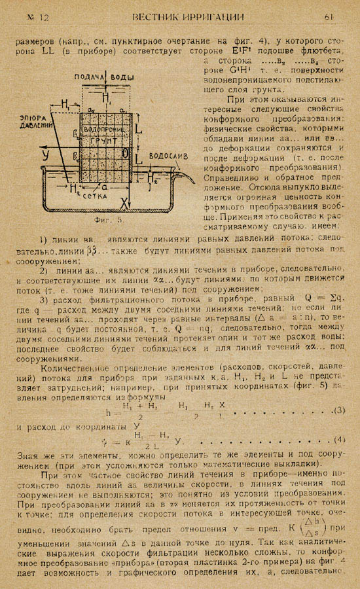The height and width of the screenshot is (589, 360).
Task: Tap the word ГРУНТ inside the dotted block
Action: (x=104, y=139)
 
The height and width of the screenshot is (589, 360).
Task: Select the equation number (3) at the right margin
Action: (x=339, y=410)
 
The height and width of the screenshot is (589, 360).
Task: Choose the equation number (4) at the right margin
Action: (x=339, y=438)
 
